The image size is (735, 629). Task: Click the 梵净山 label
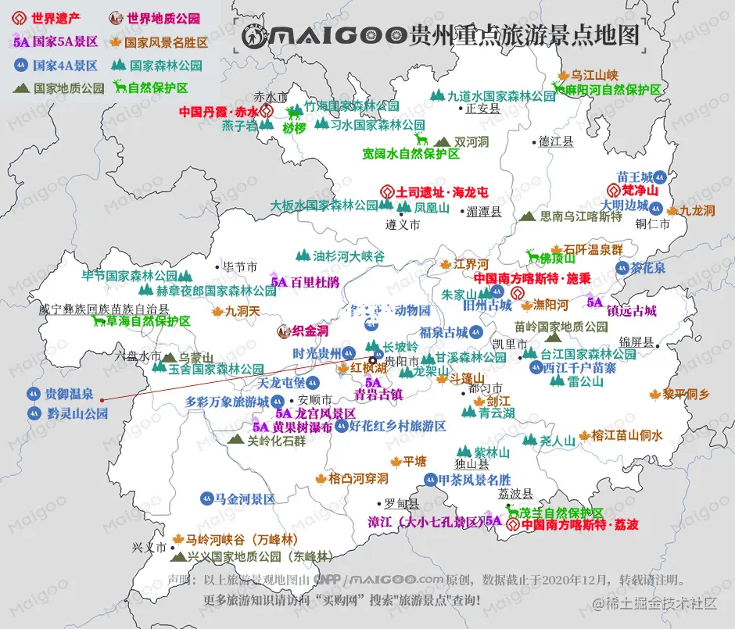[640, 191]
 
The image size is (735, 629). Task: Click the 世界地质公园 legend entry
[163, 17]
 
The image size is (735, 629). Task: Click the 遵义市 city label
[403, 224]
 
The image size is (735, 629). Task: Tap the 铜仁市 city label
[653, 223]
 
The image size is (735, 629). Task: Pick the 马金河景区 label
[245, 498]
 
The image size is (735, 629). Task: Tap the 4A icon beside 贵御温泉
[33, 394]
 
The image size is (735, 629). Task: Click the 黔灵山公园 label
[77, 413]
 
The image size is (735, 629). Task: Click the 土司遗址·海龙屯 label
[442, 191]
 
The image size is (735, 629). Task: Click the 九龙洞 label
[697, 210]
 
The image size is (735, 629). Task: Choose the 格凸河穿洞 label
[358, 478]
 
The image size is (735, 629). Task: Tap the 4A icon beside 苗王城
[660, 177]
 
